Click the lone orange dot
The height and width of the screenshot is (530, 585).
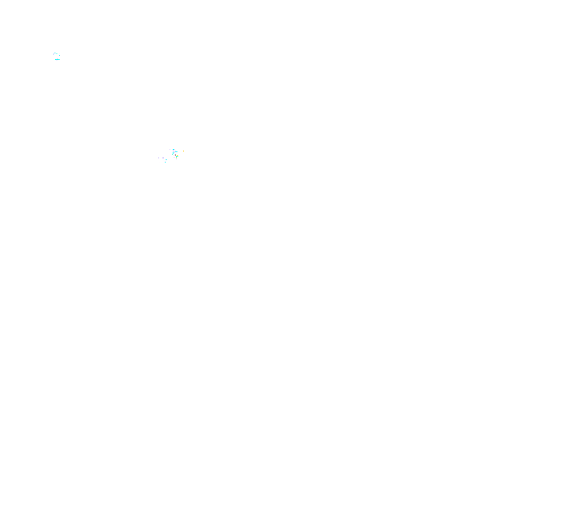tap(183, 151)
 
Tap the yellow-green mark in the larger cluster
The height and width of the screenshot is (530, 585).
tap(177, 156)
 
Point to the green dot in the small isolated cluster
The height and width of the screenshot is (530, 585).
tap(57, 53)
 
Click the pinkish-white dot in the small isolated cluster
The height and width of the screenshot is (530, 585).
tap(59, 53)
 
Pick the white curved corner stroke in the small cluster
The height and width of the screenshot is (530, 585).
tap(54, 53)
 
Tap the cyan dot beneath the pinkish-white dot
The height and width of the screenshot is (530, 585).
tap(59, 55)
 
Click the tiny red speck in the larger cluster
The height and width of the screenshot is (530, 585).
tap(175, 155)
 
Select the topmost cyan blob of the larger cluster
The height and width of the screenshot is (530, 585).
tap(174, 150)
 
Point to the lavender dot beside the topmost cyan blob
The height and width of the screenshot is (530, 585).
tap(170, 149)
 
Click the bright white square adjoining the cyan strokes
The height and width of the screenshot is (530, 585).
tap(177, 153)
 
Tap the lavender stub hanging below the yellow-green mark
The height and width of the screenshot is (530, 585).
tap(176, 159)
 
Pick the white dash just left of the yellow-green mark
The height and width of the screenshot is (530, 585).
tap(174, 157)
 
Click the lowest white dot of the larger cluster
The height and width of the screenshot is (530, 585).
tap(162, 164)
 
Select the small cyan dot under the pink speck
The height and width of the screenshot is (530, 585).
tap(165, 162)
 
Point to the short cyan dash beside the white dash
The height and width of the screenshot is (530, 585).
tap(166, 159)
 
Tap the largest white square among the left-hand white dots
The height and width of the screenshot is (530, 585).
tap(163, 158)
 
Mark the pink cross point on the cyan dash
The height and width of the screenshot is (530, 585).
tap(57, 59)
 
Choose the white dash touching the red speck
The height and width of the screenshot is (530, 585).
tap(174, 155)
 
